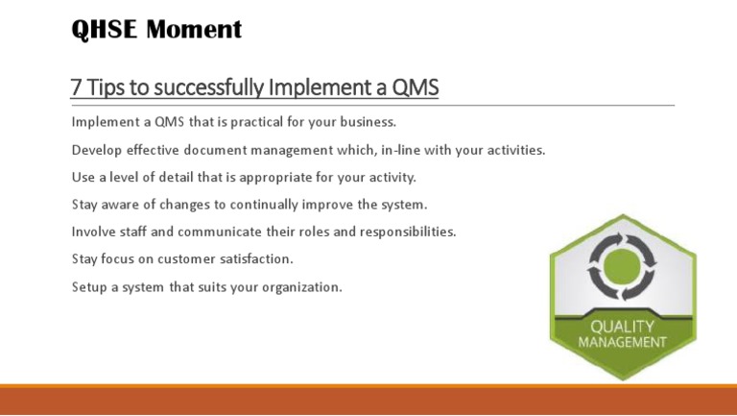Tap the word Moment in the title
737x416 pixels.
point(195,31)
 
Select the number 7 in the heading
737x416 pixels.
point(77,88)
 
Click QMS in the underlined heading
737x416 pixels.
point(415,88)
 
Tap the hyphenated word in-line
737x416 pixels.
point(380,150)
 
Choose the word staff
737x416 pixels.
point(136,232)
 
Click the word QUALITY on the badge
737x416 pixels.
point(622,327)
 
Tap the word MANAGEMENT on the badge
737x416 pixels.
point(622,342)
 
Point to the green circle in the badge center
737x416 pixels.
point(622,265)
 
